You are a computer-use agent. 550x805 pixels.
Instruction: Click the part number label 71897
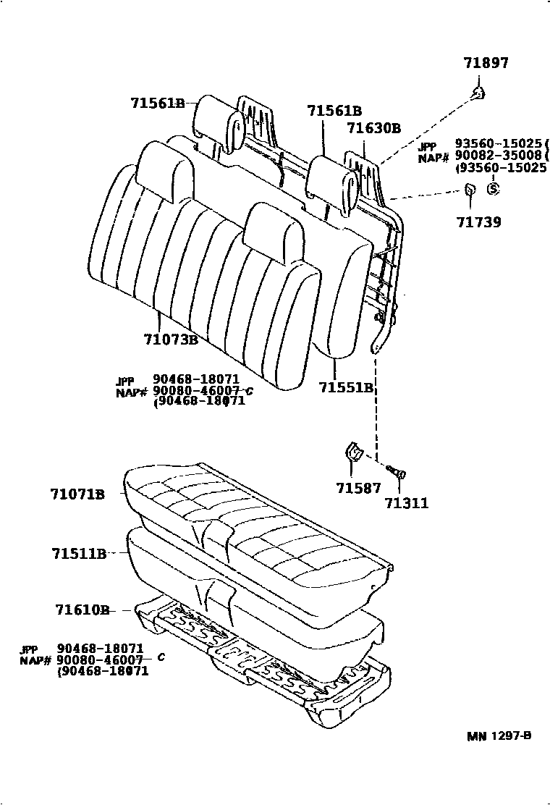tap(486, 64)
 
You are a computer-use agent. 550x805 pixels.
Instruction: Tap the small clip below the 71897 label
tap(478, 91)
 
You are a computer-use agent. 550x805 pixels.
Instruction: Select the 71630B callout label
tap(373, 129)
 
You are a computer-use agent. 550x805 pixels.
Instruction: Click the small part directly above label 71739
tap(470, 192)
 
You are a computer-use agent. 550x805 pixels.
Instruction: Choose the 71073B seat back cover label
tap(171, 339)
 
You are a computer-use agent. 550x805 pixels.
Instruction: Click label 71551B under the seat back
tap(346, 387)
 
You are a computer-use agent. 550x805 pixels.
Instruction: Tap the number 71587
tap(357, 489)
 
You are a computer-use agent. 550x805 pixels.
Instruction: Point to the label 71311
tap(406, 503)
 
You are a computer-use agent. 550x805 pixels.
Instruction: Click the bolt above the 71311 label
tap(398, 472)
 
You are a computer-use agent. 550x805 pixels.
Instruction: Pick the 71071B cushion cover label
tap(77, 494)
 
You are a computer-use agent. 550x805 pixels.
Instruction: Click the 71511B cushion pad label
tap(79, 555)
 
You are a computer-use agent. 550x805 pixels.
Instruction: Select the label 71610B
tap(82, 610)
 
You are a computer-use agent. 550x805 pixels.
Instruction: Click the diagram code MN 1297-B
tap(499, 736)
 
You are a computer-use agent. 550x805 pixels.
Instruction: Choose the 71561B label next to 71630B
tap(334, 111)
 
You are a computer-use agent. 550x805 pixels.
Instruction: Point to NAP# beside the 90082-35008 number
tap(434, 157)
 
